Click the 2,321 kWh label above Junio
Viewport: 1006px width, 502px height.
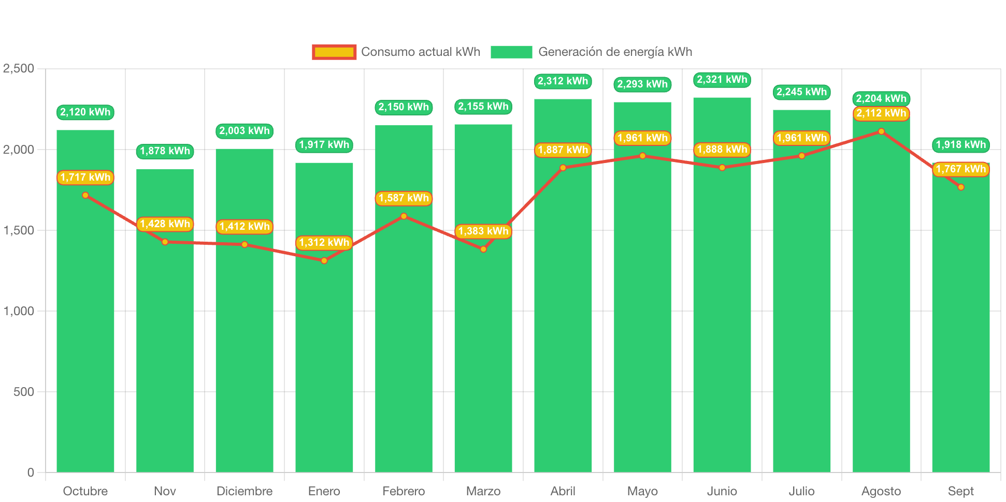(722, 80)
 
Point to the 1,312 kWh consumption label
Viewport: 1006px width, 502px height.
(324, 243)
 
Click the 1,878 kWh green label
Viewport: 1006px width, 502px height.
(165, 151)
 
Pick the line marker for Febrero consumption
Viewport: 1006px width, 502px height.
(404, 216)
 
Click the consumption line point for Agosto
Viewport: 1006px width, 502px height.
(881, 131)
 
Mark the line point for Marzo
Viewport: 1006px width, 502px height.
(483, 249)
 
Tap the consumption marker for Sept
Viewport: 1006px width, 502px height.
(961, 187)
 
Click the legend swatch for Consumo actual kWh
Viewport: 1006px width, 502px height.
(334, 52)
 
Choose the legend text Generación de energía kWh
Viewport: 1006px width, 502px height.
(615, 52)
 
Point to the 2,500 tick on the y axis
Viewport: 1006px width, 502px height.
(19, 68)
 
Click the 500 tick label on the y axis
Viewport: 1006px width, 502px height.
(24, 392)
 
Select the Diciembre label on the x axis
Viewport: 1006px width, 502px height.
(245, 491)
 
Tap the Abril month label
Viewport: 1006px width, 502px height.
(563, 491)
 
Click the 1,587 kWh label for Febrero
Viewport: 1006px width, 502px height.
(404, 198)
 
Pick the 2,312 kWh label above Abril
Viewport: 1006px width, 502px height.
(563, 81)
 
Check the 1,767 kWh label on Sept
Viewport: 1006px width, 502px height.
(960, 169)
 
